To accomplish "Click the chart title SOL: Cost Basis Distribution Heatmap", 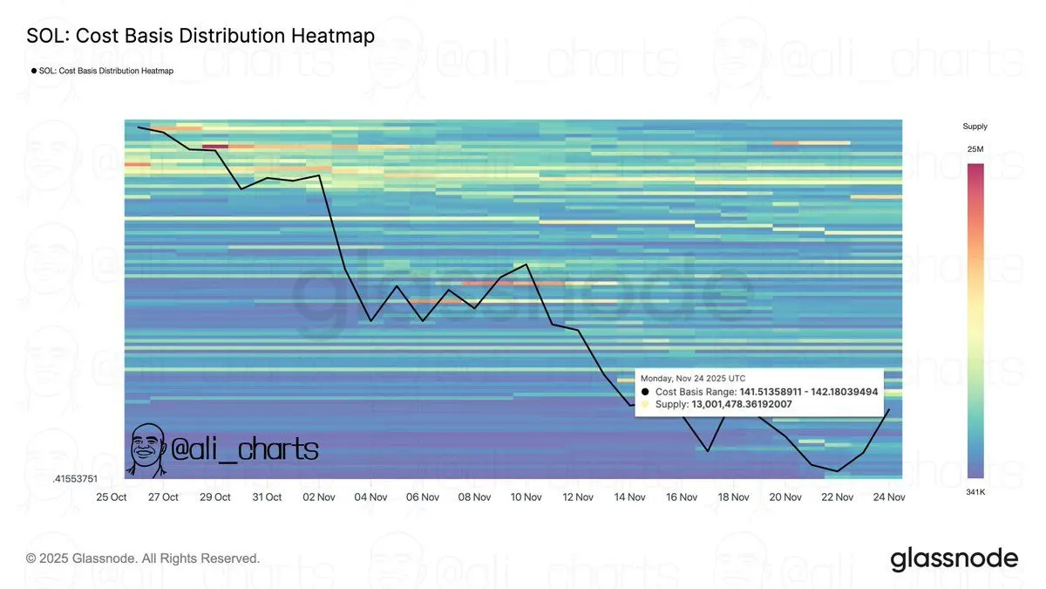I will (x=200, y=36).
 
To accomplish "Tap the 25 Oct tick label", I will (x=112, y=497).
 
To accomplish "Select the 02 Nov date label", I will (x=319, y=497).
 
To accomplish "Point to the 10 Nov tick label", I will (x=526, y=497).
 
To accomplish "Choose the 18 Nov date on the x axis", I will (x=734, y=497).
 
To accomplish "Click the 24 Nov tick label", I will (x=889, y=497).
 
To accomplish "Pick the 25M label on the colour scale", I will (x=975, y=149).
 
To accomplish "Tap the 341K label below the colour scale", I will (x=975, y=492).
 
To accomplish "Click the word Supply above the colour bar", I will (x=975, y=127).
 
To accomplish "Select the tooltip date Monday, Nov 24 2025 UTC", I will (x=693, y=379).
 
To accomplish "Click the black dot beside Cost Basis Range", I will (x=645, y=392).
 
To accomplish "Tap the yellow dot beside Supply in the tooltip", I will (x=645, y=404).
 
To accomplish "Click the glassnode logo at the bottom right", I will (x=954, y=558).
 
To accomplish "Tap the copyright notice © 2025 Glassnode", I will (x=143, y=558).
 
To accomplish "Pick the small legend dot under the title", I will (x=34, y=71).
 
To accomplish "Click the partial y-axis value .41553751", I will (x=76, y=479).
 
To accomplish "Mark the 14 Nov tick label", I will (x=630, y=497).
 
